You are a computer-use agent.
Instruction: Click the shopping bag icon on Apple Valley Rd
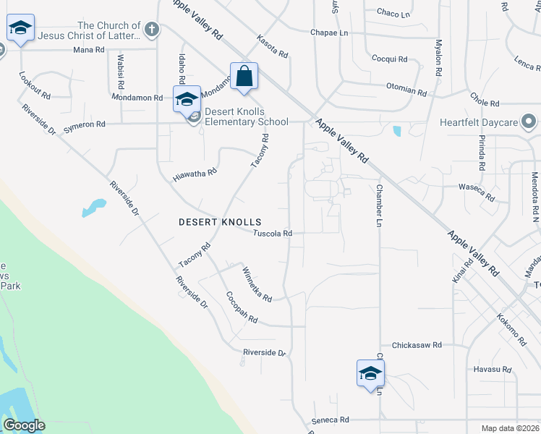(244, 75)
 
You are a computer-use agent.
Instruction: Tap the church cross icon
(150, 30)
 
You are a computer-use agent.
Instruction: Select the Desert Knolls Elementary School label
(246, 116)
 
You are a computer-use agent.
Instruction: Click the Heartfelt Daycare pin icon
(529, 122)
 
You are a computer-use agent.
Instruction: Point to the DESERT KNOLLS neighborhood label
(220, 222)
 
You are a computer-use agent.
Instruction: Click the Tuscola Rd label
(273, 234)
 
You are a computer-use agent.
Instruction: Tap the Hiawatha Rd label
(195, 174)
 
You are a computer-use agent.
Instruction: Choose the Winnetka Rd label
(256, 284)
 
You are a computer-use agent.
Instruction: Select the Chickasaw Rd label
(416, 346)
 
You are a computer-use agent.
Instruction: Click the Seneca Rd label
(331, 420)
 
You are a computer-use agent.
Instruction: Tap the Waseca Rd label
(477, 192)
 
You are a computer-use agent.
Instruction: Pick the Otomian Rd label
(406, 90)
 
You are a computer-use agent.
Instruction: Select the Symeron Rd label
(85, 124)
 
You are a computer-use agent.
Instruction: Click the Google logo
(24, 425)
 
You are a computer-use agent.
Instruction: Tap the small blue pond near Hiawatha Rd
(93, 208)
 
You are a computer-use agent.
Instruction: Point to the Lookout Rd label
(35, 85)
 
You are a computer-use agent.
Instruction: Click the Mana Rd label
(89, 50)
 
